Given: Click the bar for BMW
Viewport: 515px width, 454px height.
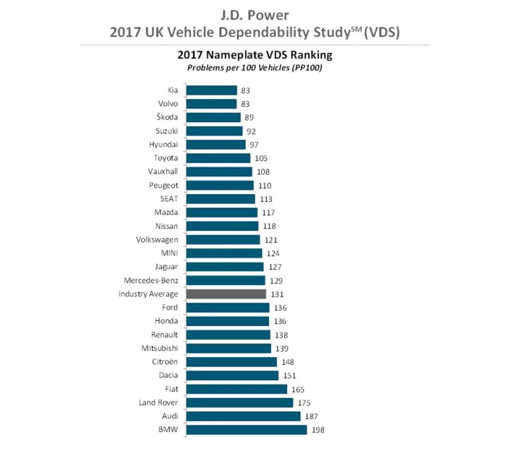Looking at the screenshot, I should pyautogui.click(x=247, y=430).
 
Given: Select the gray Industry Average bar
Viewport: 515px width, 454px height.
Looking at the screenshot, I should pyautogui.click(x=226, y=294).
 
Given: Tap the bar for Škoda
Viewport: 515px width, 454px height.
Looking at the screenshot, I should pyautogui.click(x=213, y=118).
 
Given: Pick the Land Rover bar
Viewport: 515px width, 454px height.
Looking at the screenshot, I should pyautogui.click(x=239, y=403).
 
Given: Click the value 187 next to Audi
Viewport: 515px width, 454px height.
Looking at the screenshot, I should pyautogui.click(x=312, y=416).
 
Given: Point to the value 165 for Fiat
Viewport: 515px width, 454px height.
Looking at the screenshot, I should pyautogui.click(x=298, y=389).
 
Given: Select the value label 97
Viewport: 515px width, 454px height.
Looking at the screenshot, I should pyautogui.click(x=254, y=145).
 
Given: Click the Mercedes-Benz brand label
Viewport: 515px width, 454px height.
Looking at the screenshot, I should pyautogui.click(x=151, y=281).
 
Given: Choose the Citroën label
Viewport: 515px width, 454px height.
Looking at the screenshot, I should pyautogui.click(x=164, y=362).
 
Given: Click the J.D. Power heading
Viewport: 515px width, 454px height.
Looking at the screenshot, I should pyautogui.click(x=257, y=13).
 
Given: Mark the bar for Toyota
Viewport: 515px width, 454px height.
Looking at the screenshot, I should pyautogui.click(x=218, y=158).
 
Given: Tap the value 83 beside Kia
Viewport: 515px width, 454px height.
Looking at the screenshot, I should pyautogui.click(x=245, y=91).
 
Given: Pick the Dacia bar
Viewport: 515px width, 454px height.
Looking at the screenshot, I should pyautogui.click(x=232, y=376).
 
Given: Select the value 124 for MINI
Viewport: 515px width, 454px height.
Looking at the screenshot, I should pyautogui.click(x=273, y=254).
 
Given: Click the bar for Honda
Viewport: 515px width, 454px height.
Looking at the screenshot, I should pyautogui.click(x=227, y=321).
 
